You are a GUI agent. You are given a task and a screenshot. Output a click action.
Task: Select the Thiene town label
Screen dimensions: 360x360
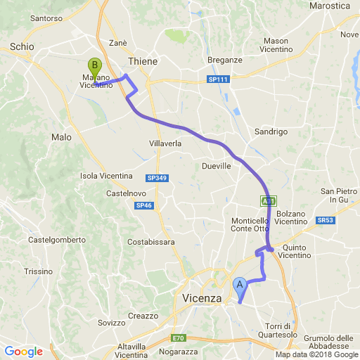coord(143,62)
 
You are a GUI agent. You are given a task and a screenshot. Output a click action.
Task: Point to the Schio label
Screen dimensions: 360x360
coord(22,46)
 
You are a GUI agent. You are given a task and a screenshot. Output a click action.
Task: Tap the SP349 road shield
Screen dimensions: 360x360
coord(156,179)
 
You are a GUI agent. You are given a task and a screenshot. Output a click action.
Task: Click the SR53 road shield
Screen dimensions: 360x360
coord(325,220)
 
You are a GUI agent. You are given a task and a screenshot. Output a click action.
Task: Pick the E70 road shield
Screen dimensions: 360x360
coord(178,337)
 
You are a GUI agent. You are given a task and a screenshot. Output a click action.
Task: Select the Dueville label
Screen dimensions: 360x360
coord(216,166)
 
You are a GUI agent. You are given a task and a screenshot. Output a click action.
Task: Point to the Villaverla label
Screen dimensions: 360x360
coord(165,143)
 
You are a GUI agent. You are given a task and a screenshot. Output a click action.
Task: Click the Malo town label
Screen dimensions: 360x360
coord(61,137)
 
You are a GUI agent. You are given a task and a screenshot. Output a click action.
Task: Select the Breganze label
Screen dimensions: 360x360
coord(225,60)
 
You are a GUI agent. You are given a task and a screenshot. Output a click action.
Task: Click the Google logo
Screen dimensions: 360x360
coord(23,352)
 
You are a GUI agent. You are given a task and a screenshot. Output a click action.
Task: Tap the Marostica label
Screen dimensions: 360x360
coord(330,6)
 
